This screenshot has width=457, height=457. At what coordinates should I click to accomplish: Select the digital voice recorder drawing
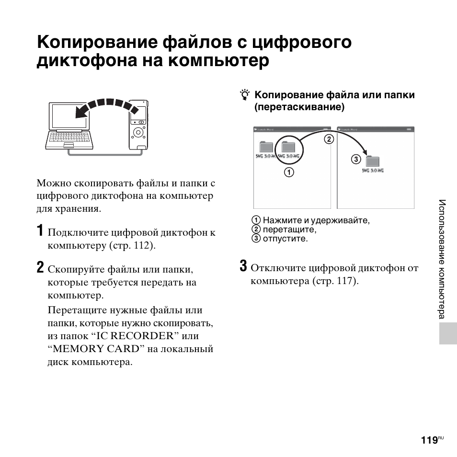point(138,126)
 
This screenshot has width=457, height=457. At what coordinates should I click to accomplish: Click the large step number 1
point(40,231)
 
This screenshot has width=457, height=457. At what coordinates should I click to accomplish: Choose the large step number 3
point(243,266)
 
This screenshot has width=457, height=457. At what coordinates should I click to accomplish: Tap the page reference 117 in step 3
point(346,281)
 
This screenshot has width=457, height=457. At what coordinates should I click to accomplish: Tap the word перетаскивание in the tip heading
point(299,107)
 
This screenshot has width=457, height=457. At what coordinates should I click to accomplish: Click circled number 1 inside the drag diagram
point(290,172)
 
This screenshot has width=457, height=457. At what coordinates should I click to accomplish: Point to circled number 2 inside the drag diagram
point(329,139)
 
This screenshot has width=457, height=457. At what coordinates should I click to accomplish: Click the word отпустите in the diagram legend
point(285,239)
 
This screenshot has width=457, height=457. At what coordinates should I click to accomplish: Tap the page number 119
point(429,440)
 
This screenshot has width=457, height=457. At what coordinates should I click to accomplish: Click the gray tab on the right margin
point(448,333)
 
